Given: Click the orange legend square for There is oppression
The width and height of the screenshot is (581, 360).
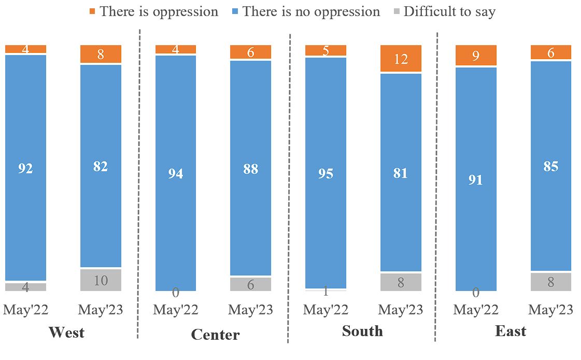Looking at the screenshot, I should tap(93, 11).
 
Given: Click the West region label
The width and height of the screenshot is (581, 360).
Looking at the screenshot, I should tap(66, 332).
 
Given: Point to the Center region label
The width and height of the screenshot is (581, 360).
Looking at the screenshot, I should tap(215, 335).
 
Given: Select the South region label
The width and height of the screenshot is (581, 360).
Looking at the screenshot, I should tap(362, 331).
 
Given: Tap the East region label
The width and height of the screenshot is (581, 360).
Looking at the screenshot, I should tap(511, 331).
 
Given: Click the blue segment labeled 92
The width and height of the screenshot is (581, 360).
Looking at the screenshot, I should tap(25, 168).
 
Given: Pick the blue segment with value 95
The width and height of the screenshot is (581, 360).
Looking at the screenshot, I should tap(325, 173).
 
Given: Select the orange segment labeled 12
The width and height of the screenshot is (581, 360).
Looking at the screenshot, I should tap(401, 58).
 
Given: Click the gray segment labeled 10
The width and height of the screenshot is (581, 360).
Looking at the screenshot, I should tap(101, 280).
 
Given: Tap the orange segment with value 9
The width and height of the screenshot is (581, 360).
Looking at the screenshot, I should tap(476, 56).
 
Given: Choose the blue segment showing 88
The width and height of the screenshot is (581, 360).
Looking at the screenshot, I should tap(250, 169).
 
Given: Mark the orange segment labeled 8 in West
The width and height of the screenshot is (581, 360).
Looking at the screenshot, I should tap(101, 54).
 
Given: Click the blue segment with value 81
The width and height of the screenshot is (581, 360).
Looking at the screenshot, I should tap(401, 173).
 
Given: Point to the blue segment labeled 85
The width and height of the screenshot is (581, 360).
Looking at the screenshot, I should tap(550, 167).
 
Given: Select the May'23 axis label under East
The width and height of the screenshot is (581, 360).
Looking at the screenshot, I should tap(550, 310).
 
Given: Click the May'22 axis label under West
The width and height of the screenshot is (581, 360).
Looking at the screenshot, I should tap(25, 310).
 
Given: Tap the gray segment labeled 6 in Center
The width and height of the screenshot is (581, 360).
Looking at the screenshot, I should tap(250, 284).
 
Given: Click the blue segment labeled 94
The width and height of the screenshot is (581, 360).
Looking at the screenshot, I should tap(175, 173).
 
